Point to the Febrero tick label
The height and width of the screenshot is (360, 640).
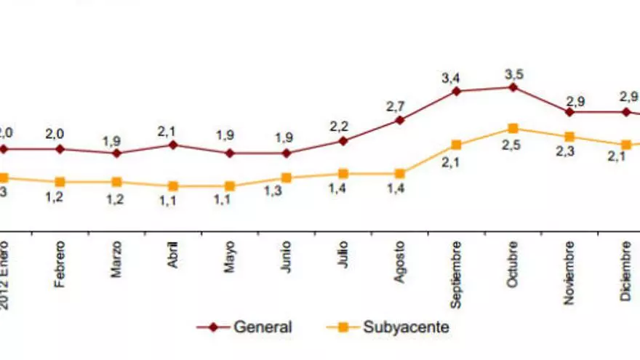(x=60, y=263)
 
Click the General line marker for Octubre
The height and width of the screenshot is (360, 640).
(x=513, y=87)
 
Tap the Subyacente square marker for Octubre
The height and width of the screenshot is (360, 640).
(x=513, y=129)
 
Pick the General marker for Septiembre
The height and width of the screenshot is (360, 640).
(x=456, y=92)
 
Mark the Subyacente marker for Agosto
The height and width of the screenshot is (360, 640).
(x=399, y=174)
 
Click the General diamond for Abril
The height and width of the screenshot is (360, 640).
(x=173, y=145)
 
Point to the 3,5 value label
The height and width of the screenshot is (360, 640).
(x=514, y=73)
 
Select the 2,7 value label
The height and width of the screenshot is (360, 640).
(x=395, y=106)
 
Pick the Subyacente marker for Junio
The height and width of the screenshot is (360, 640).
(x=287, y=177)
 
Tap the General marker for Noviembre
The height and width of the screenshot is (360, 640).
(x=569, y=112)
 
